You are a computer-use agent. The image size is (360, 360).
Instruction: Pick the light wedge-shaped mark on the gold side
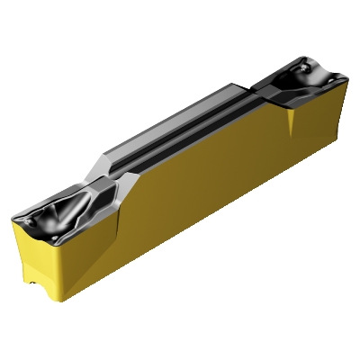[293, 121]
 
